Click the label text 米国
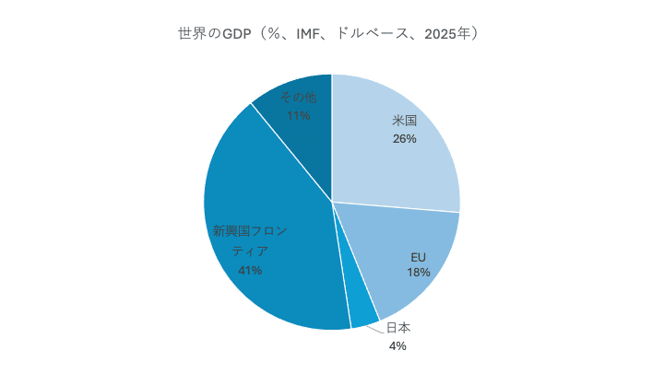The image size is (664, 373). coord(405,121)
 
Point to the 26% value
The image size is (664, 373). coord(405,139)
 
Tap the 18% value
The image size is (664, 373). coord(419,274)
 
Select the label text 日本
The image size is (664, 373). coord(398,328)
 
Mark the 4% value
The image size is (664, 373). coord(397,346)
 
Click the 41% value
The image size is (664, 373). coord(250,271)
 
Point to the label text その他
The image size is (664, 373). coord(298,97)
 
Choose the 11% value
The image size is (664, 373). coord(298,116)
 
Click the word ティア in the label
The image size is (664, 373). coord(250,251)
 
